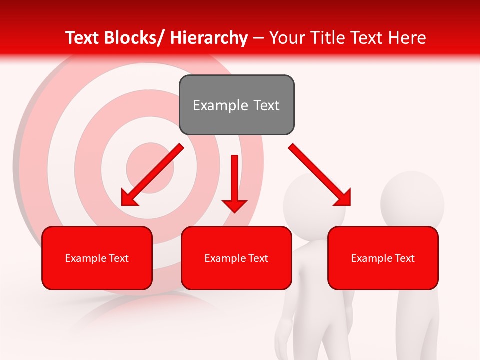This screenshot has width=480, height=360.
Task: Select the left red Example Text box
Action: [97, 258]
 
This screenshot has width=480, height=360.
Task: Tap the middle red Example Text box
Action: [236, 258]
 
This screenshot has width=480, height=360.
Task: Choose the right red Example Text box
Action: [383, 258]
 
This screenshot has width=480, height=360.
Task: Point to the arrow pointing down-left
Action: [152, 175]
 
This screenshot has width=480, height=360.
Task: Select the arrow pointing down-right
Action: [320, 175]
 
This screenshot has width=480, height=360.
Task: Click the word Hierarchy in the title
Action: [208, 38]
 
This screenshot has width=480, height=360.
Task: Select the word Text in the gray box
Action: [266, 105]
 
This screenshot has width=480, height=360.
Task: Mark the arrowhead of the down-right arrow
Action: [343, 198]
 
